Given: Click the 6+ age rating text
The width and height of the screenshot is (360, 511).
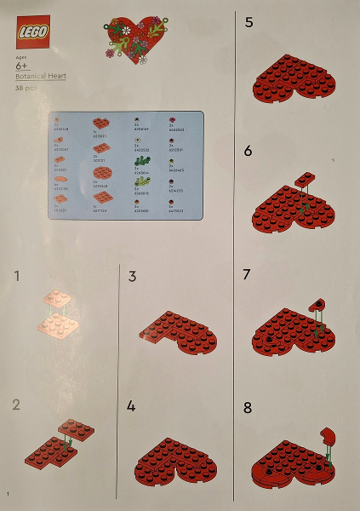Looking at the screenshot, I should (23, 66).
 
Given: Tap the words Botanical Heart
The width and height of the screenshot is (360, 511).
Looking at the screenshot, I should (40, 76).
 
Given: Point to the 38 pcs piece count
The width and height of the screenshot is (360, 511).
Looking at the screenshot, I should (26, 88).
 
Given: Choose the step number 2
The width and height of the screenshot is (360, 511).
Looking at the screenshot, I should (17, 404).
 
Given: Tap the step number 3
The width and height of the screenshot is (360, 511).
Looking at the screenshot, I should (133, 276).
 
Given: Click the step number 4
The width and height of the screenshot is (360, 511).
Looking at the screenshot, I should (133, 406).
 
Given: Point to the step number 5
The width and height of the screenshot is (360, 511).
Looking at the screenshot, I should (249, 23).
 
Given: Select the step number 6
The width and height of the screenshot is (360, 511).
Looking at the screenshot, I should (249, 151).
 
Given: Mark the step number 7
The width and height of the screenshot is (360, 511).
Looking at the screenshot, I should (249, 275).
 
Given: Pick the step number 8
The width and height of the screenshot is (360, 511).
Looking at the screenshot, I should (249, 407).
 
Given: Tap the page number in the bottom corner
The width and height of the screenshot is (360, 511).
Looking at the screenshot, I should (8, 495).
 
